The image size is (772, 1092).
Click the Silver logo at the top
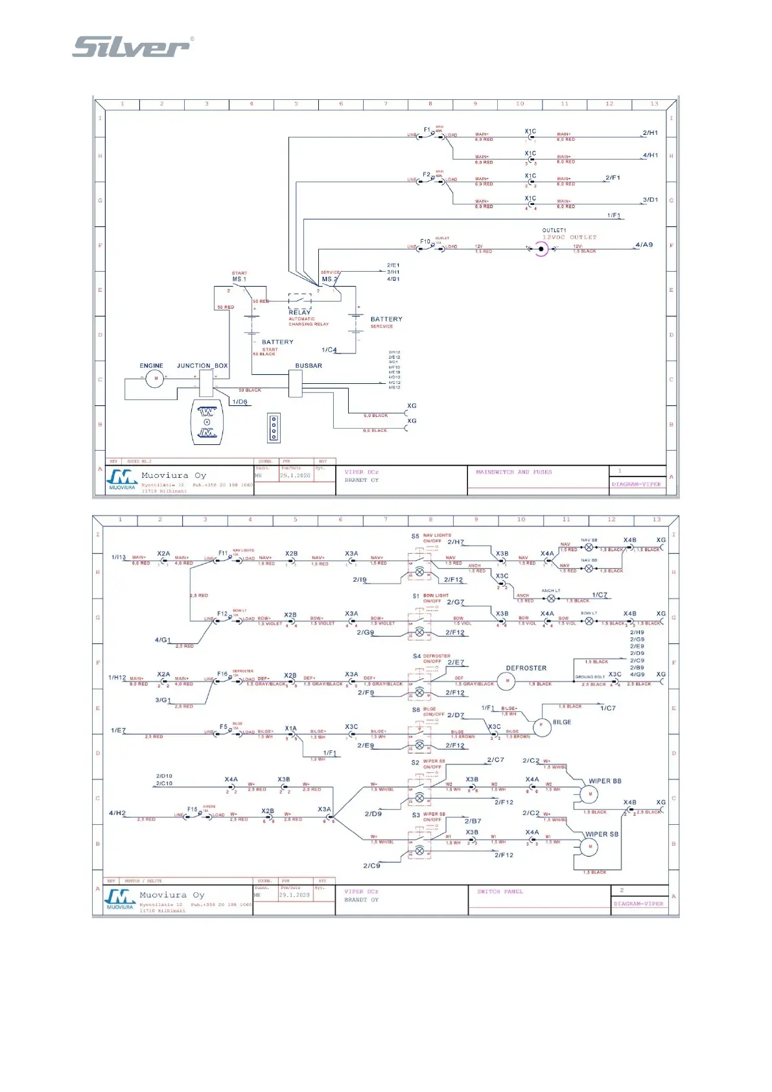tap(132, 47)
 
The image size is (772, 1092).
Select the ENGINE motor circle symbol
tap(154, 378)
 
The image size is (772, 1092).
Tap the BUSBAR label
tap(309, 366)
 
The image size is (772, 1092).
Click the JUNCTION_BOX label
tap(202, 366)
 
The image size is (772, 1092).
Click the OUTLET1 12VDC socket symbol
tap(541, 248)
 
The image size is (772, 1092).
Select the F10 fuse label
tap(425, 241)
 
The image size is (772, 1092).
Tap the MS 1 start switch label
tap(239, 279)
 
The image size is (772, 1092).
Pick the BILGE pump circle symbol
tap(542, 728)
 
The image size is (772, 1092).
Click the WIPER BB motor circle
tap(589, 794)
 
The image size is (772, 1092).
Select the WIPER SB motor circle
tap(589, 847)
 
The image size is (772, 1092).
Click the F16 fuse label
tap(222, 674)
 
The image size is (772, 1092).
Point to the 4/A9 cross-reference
tap(644, 245)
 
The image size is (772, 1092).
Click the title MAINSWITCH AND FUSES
tap(513, 472)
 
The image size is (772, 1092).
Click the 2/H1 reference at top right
tap(649, 133)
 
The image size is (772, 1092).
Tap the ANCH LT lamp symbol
tap(551, 599)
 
